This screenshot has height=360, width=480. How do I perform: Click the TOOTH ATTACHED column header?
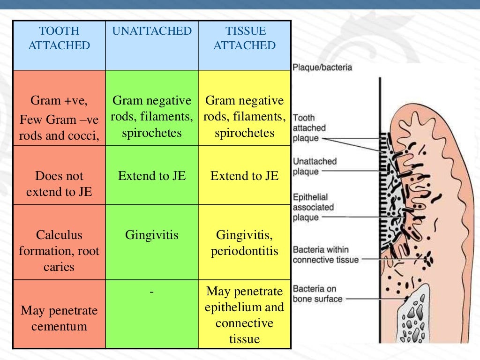(x=59, y=38)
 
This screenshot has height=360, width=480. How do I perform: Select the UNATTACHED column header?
(x=152, y=31)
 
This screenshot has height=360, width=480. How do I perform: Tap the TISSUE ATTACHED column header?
(x=245, y=38)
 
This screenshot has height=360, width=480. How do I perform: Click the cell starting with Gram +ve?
(x=59, y=118)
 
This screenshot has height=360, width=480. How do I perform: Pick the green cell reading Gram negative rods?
(x=152, y=117)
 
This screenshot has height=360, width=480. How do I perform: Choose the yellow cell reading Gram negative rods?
(x=245, y=117)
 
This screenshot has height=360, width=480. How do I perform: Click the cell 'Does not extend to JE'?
(x=59, y=183)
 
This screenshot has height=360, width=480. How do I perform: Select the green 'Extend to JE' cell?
(x=152, y=176)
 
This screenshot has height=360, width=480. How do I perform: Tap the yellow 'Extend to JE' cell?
(x=245, y=176)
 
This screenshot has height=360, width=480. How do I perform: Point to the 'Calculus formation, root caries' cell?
(x=59, y=250)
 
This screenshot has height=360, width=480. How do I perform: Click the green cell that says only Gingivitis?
(x=152, y=235)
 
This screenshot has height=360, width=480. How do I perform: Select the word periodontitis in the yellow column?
(x=245, y=251)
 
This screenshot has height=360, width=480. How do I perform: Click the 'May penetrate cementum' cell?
(x=59, y=318)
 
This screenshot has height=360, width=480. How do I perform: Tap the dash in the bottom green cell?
(x=152, y=292)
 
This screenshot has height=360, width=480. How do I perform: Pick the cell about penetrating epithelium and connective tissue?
(x=245, y=315)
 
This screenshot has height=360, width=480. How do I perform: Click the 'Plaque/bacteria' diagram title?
(x=322, y=67)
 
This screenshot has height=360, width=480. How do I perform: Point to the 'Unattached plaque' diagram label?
(x=315, y=166)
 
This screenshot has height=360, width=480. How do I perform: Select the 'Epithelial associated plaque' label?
(x=313, y=207)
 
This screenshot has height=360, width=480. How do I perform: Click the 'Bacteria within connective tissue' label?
(x=325, y=255)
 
